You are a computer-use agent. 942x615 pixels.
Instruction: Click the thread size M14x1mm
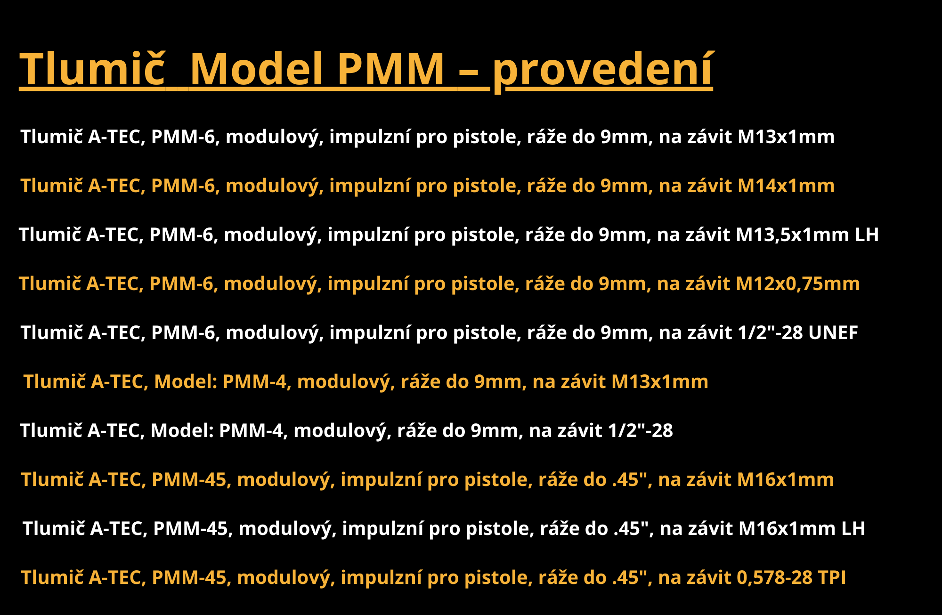pyautogui.click(x=786, y=186)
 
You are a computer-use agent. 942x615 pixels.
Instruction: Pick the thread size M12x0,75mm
pyautogui.click(x=797, y=283)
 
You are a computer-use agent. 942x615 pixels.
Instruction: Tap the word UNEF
pyautogui.click(x=833, y=332)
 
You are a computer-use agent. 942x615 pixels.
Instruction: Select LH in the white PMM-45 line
pyautogui.click(x=853, y=528)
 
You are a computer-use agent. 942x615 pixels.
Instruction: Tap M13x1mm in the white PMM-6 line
pyautogui.click(x=786, y=137)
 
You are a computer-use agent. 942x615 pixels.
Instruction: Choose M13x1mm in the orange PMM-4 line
pyautogui.click(x=659, y=381)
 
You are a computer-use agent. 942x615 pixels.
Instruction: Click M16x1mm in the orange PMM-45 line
pyautogui.click(x=785, y=479)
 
